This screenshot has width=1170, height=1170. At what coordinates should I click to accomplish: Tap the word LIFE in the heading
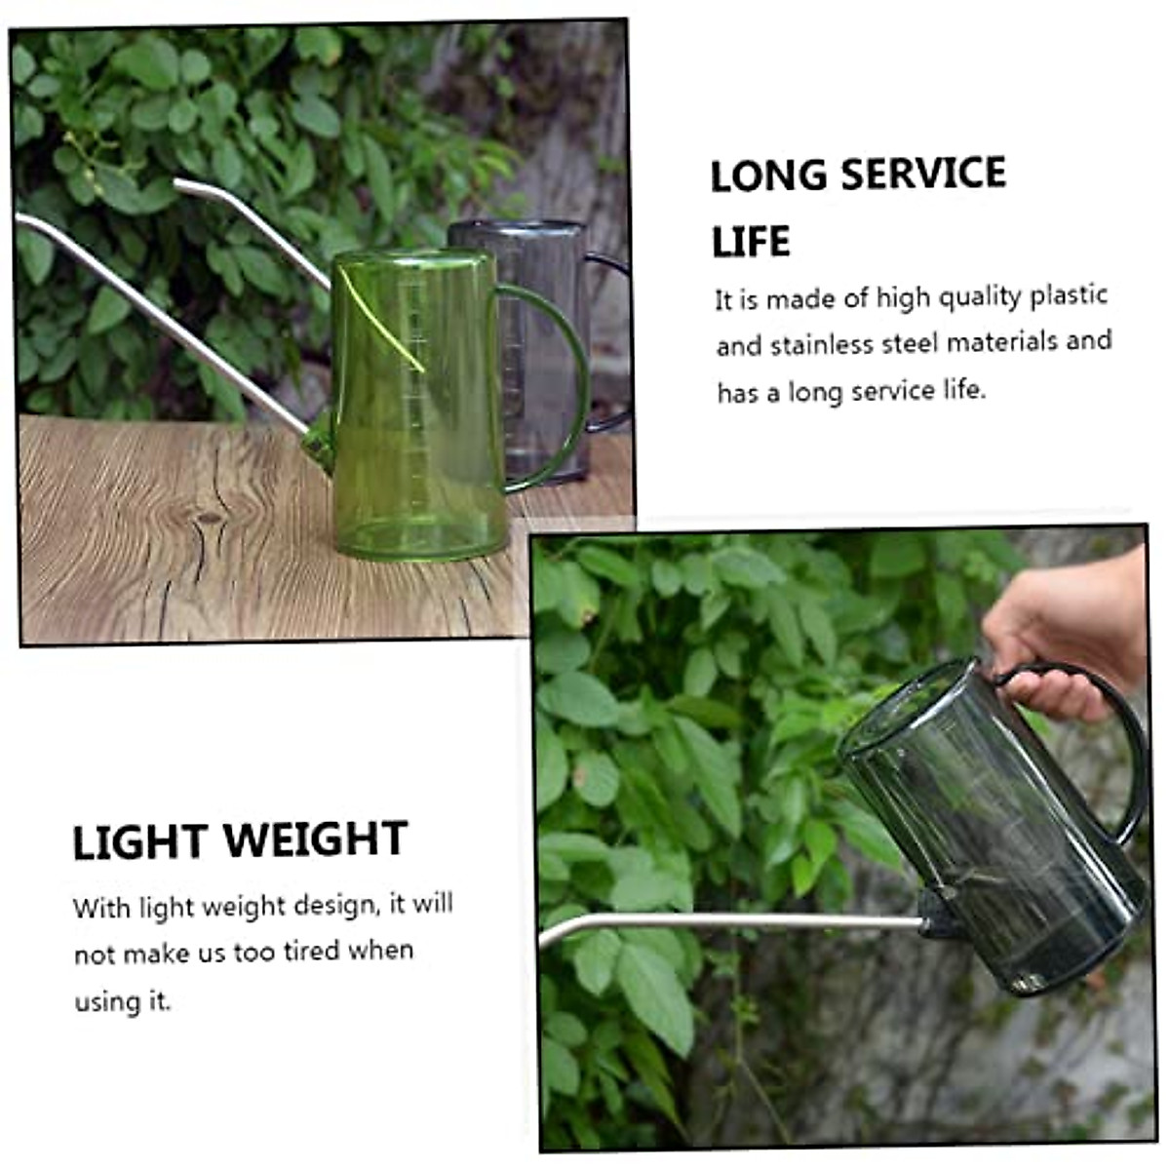750,243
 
